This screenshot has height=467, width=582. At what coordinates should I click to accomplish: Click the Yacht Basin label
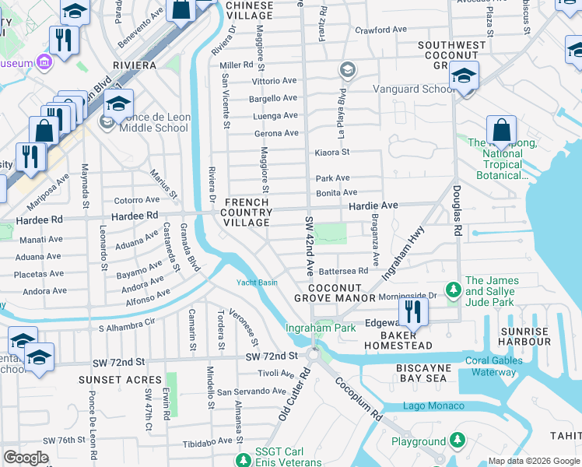click(x=257, y=283)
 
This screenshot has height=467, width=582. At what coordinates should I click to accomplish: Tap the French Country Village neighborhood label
click(x=248, y=212)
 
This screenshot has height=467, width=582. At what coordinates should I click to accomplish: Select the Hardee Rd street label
click(x=135, y=215)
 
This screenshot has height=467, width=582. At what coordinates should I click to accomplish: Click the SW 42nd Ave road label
click(x=309, y=247)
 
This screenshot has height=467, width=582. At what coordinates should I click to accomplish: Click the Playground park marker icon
click(x=458, y=441)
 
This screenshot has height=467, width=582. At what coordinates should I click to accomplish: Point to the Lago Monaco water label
click(x=433, y=406)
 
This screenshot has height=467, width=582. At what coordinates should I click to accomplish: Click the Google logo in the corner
click(x=26, y=458)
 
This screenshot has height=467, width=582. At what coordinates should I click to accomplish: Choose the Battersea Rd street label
click(x=343, y=271)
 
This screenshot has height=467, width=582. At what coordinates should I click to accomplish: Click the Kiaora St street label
click(x=332, y=153)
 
